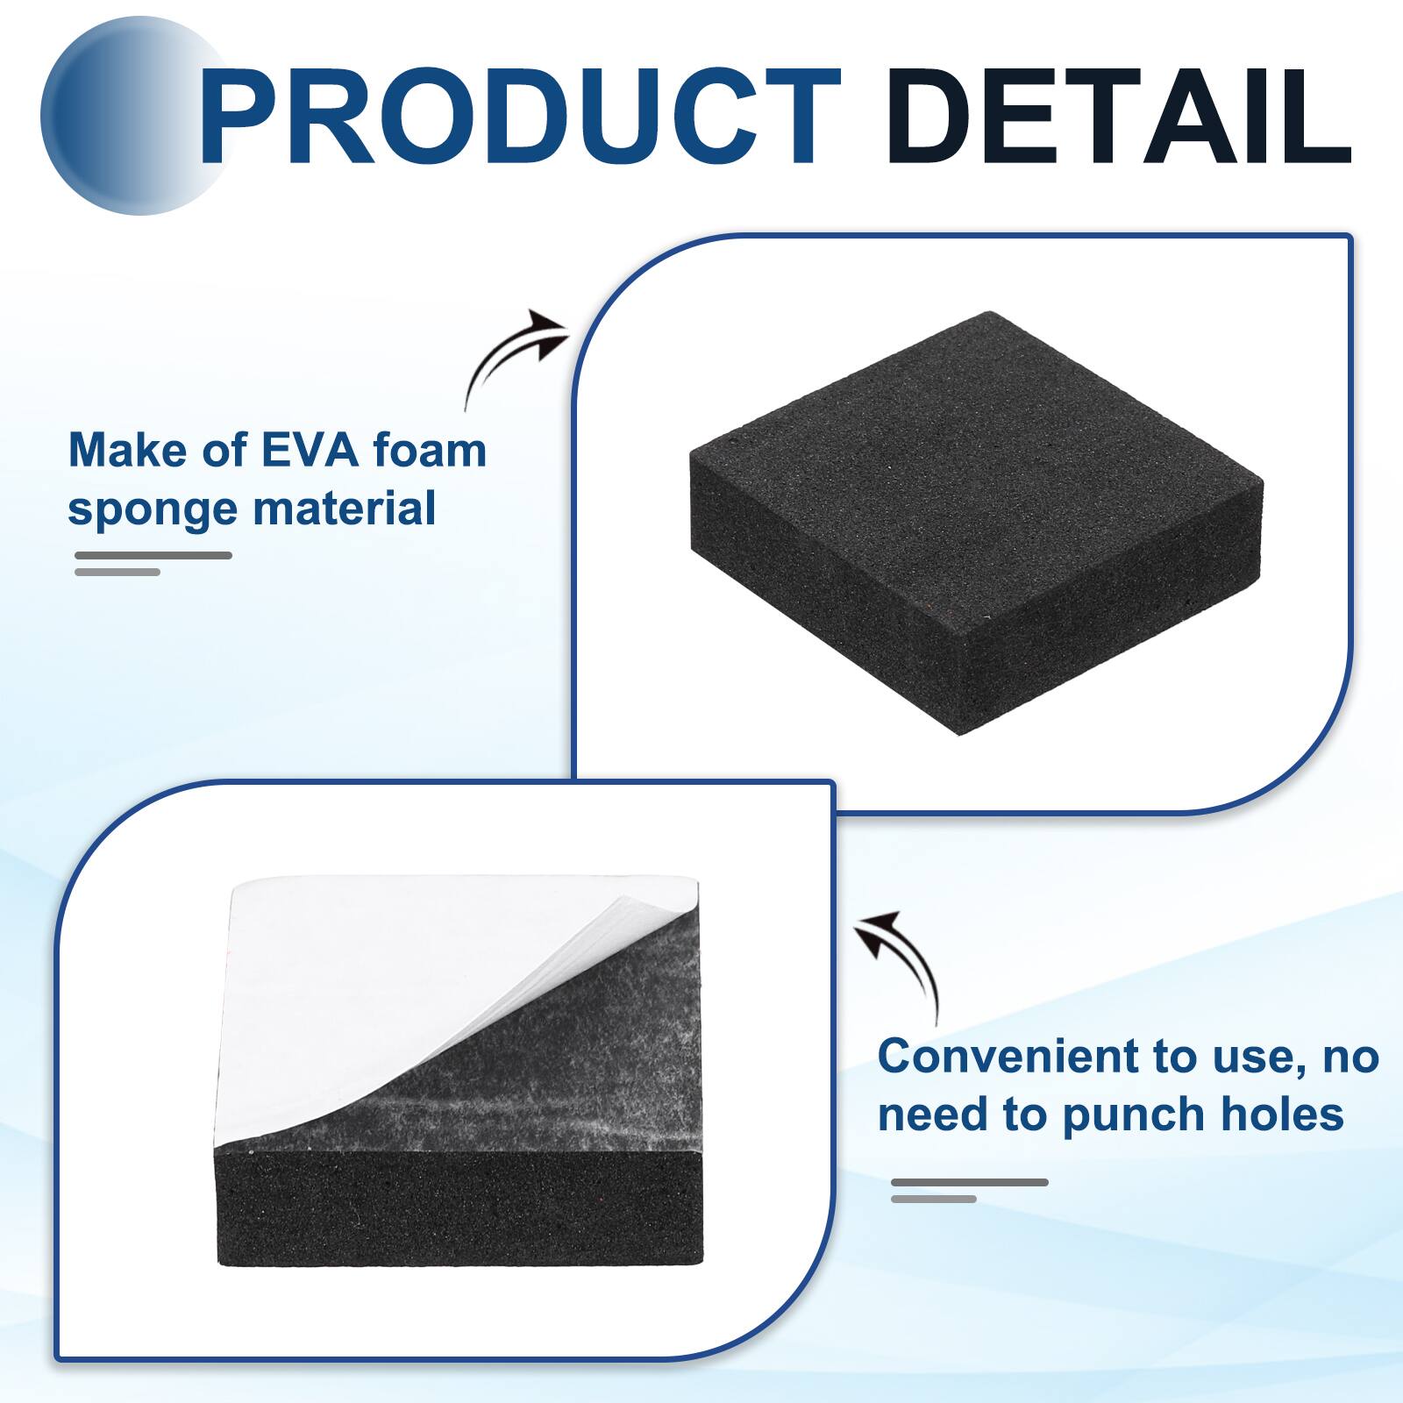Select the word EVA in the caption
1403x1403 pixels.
310,451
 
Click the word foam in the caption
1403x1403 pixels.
430,451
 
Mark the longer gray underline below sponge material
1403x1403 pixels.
153,555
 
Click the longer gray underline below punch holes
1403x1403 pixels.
970,1183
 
